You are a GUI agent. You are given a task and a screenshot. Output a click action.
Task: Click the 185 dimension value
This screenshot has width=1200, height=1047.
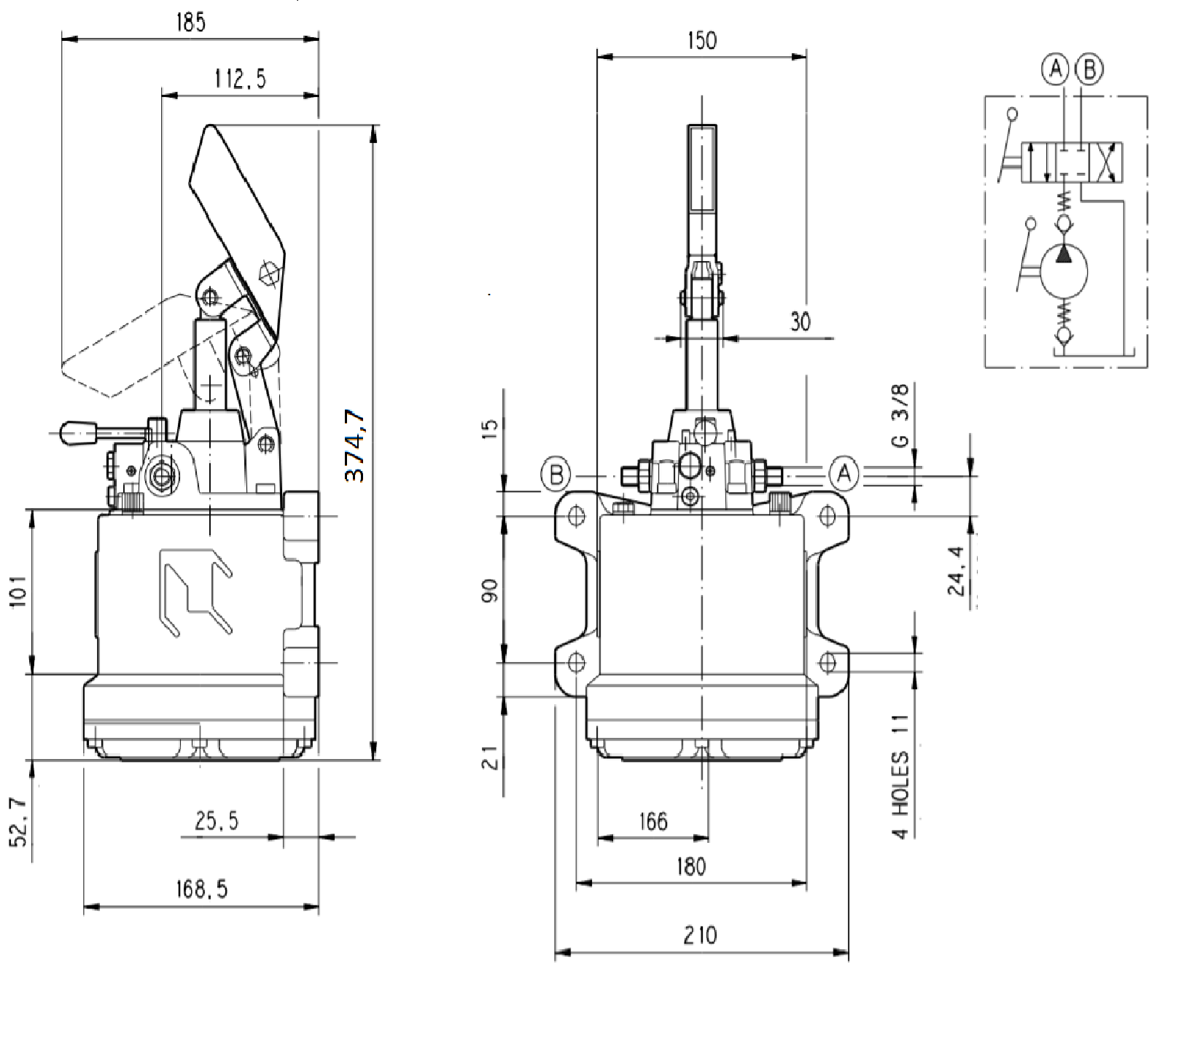point(191,23)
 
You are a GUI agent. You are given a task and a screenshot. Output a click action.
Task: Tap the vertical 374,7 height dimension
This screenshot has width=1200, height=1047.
point(355,445)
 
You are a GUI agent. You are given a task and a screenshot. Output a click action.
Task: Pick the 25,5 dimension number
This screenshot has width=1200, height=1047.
point(217,822)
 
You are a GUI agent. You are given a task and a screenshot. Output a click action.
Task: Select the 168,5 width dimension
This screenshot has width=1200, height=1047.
point(201,889)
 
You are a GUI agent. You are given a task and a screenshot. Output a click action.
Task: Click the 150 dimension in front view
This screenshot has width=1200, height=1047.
point(701,40)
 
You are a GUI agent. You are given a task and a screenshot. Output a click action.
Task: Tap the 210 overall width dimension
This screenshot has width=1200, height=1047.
point(700,935)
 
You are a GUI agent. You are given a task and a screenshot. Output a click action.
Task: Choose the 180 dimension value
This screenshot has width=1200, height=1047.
point(690,866)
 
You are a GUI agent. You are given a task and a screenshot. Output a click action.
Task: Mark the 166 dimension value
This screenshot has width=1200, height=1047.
point(652,822)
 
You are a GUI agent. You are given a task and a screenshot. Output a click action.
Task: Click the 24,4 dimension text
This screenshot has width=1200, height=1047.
point(957,571)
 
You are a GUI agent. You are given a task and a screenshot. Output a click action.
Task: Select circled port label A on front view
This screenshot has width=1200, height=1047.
point(844,474)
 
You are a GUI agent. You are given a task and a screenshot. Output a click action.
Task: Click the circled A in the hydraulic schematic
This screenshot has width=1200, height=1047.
point(1054,69)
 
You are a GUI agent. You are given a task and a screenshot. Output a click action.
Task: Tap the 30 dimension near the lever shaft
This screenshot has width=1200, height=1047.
point(800,322)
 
